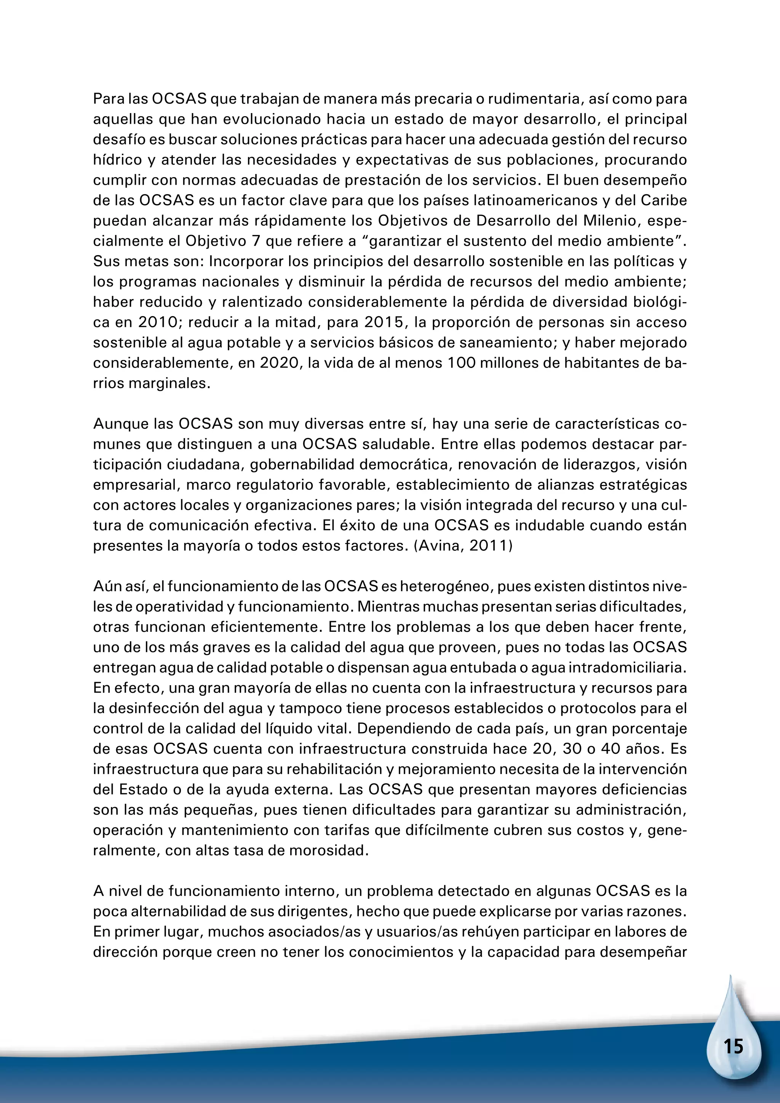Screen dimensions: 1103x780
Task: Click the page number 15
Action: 734,1046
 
